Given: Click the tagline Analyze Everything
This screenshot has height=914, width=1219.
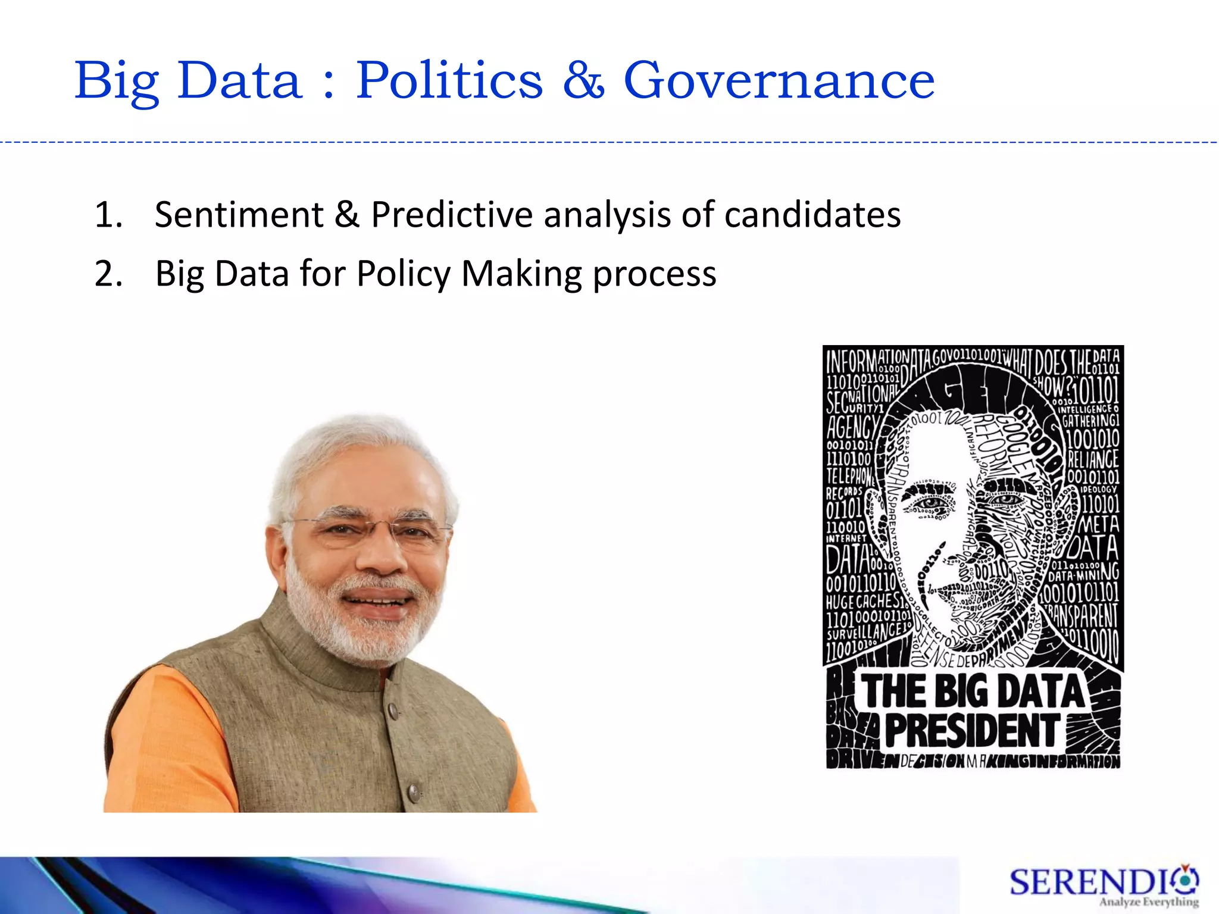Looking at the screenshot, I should [x=1149, y=903].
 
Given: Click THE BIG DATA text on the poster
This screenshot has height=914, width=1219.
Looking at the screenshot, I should [x=973, y=691].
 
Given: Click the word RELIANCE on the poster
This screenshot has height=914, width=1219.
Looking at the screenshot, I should [x=1093, y=459].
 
